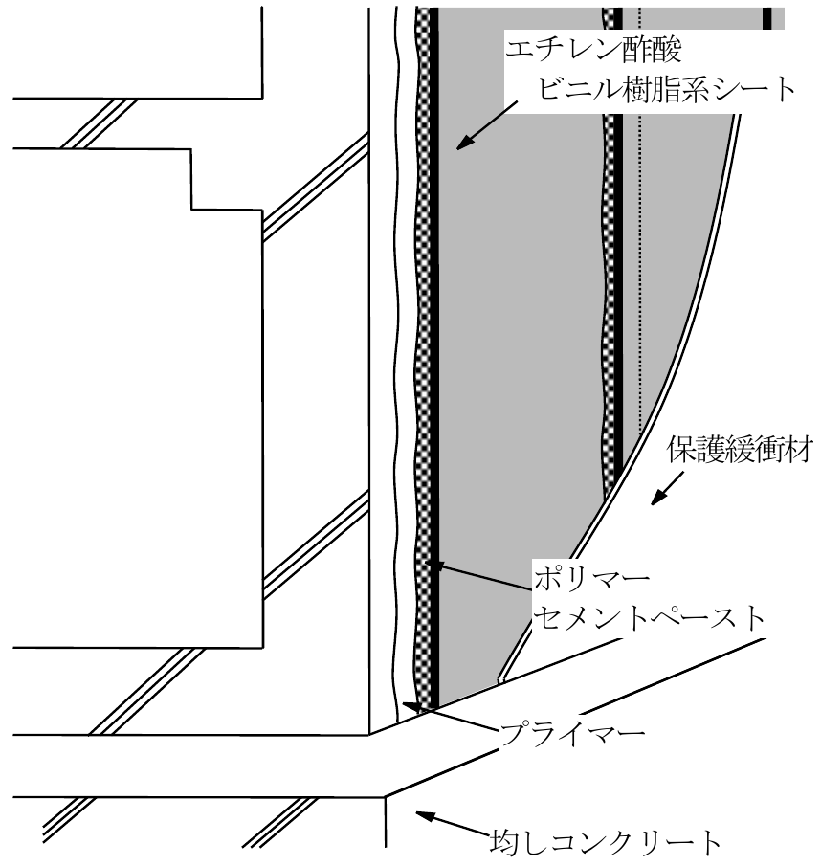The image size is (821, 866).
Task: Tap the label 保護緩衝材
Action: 740,450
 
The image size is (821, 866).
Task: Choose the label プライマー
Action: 571,734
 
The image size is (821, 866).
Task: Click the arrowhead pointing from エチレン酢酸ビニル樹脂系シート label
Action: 464,143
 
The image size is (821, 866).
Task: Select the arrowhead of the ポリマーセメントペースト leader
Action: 434,566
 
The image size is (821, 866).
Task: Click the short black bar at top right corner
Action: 767,18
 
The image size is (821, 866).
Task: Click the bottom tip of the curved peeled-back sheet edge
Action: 499,680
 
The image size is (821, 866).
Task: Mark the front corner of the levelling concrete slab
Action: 385,796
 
